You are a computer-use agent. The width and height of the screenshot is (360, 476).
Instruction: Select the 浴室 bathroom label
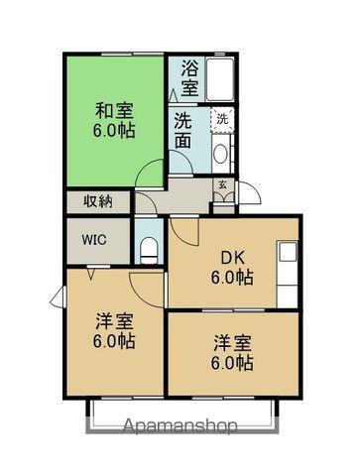click(188, 78)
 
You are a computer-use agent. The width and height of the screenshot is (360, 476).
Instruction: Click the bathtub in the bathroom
click(221, 78)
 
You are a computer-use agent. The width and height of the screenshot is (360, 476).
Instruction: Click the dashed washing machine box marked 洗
click(223, 119)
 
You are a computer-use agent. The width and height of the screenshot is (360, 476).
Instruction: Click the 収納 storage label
click(98, 201)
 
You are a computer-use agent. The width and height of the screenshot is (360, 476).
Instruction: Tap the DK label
click(231, 256)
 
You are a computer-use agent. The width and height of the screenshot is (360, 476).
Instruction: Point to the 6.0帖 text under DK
click(231, 279)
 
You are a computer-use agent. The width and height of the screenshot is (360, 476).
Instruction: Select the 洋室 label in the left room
click(115, 321)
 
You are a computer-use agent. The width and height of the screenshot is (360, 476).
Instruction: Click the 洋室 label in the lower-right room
click(230, 343)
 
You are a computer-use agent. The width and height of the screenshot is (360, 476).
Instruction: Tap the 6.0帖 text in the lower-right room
click(230, 365)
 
